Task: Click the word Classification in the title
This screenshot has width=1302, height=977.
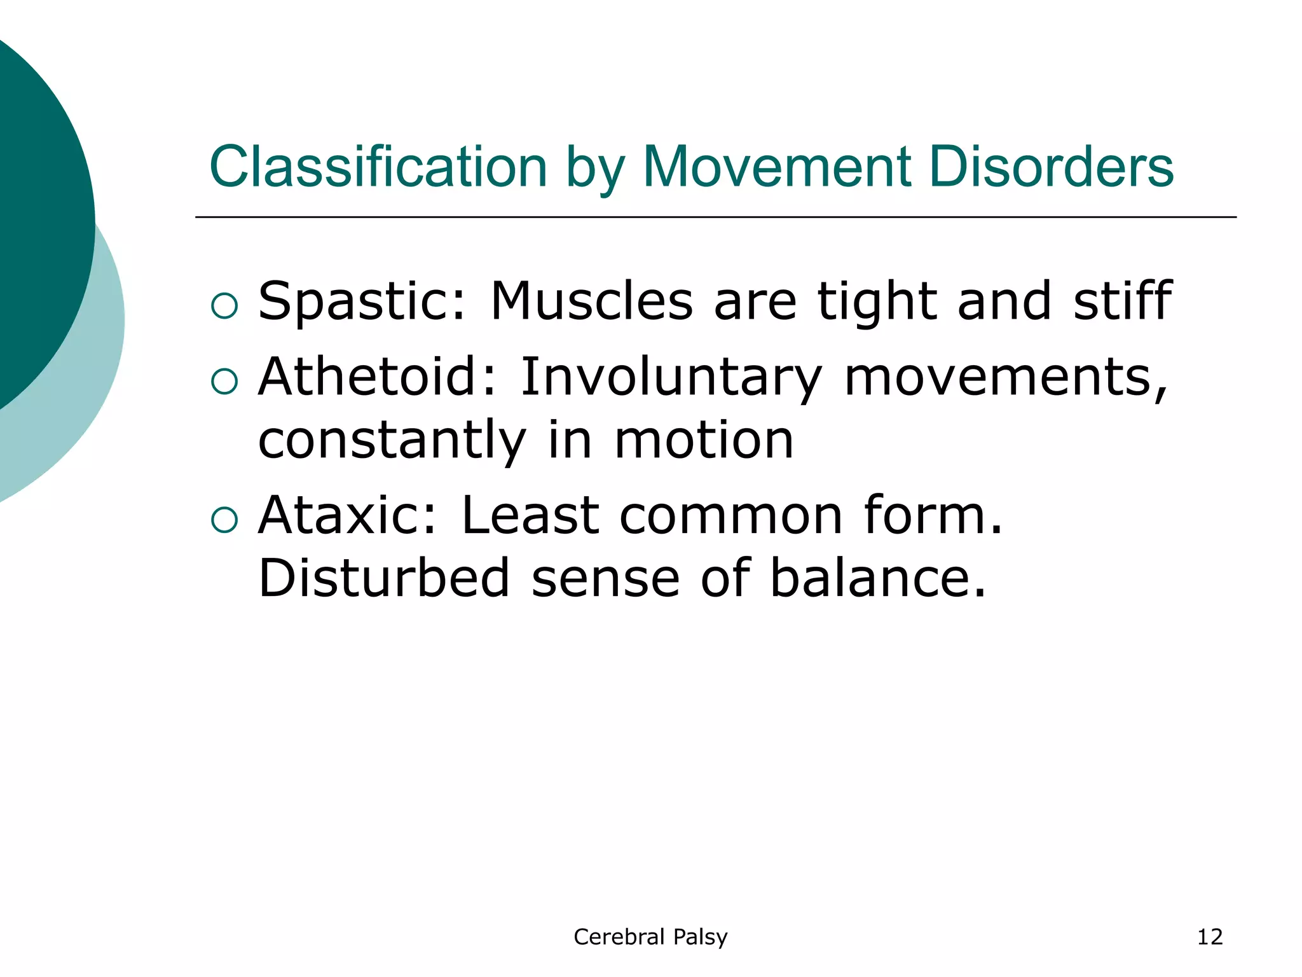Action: point(378,167)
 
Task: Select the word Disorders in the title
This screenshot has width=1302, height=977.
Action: point(1051,167)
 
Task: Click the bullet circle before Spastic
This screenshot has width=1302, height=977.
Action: point(224,306)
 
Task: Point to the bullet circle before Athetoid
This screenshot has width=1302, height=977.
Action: point(224,381)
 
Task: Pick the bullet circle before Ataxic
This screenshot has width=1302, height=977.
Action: point(224,520)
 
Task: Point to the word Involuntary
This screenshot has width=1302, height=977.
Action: point(671,377)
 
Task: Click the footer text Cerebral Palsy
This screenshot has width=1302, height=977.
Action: point(650,937)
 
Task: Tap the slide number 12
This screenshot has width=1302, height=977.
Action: point(1209,937)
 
